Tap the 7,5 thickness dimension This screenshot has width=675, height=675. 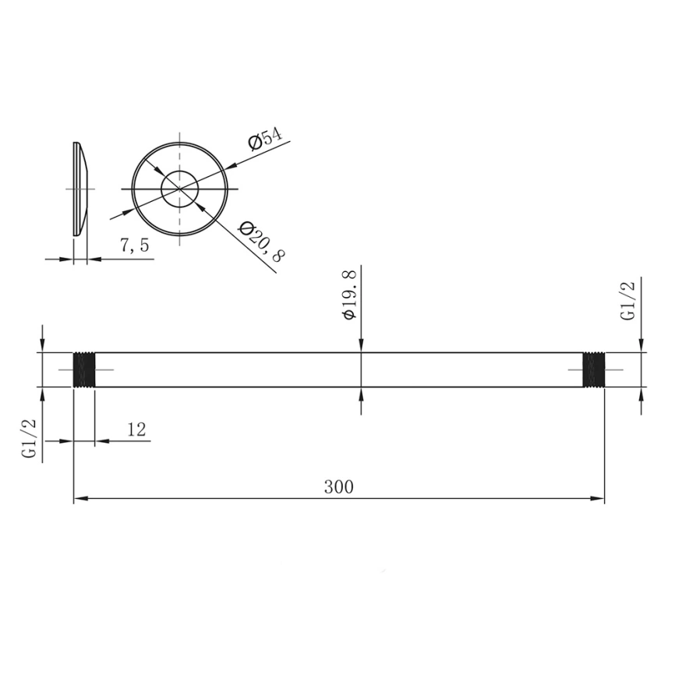click(133, 246)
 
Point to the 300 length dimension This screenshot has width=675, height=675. click(338, 487)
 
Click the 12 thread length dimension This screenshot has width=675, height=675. click(136, 429)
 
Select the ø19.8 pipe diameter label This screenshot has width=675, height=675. click(348, 294)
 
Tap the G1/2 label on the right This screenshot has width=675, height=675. click(627, 301)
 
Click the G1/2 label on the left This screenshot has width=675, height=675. click(30, 439)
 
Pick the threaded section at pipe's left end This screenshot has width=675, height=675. click(83, 369)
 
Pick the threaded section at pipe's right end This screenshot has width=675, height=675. click(594, 369)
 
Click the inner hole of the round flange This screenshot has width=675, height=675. click(180, 188)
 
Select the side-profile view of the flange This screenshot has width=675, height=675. click(80, 189)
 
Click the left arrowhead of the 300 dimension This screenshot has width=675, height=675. click(79, 498)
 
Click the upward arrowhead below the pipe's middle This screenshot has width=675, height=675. click(361, 393)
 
